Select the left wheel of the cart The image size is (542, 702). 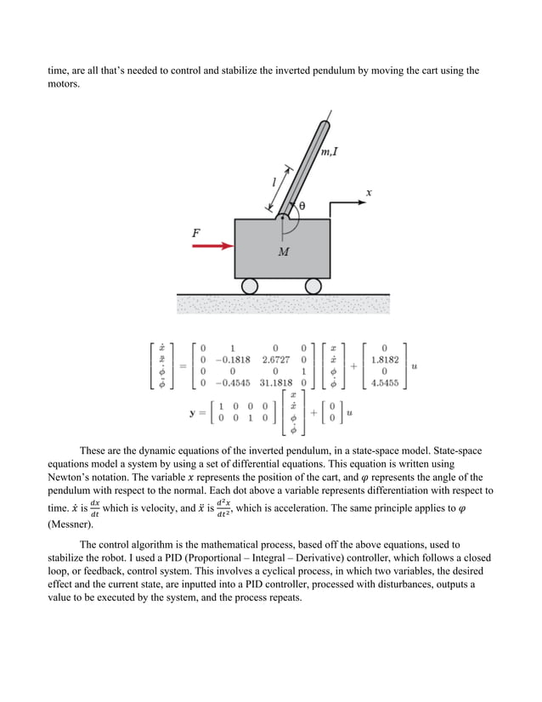click(x=250, y=286)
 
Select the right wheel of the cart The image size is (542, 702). click(x=313, y=286)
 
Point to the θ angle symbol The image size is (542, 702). click(x=301, y=206)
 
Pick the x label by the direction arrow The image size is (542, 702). click(x=369, y=193)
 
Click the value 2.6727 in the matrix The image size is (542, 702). click(x=277, y=359)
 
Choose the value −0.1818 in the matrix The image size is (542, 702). click(x=233, y=359)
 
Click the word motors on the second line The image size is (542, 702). click(x=64, y=85)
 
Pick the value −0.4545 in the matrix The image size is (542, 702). click(x=233, y=382)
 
